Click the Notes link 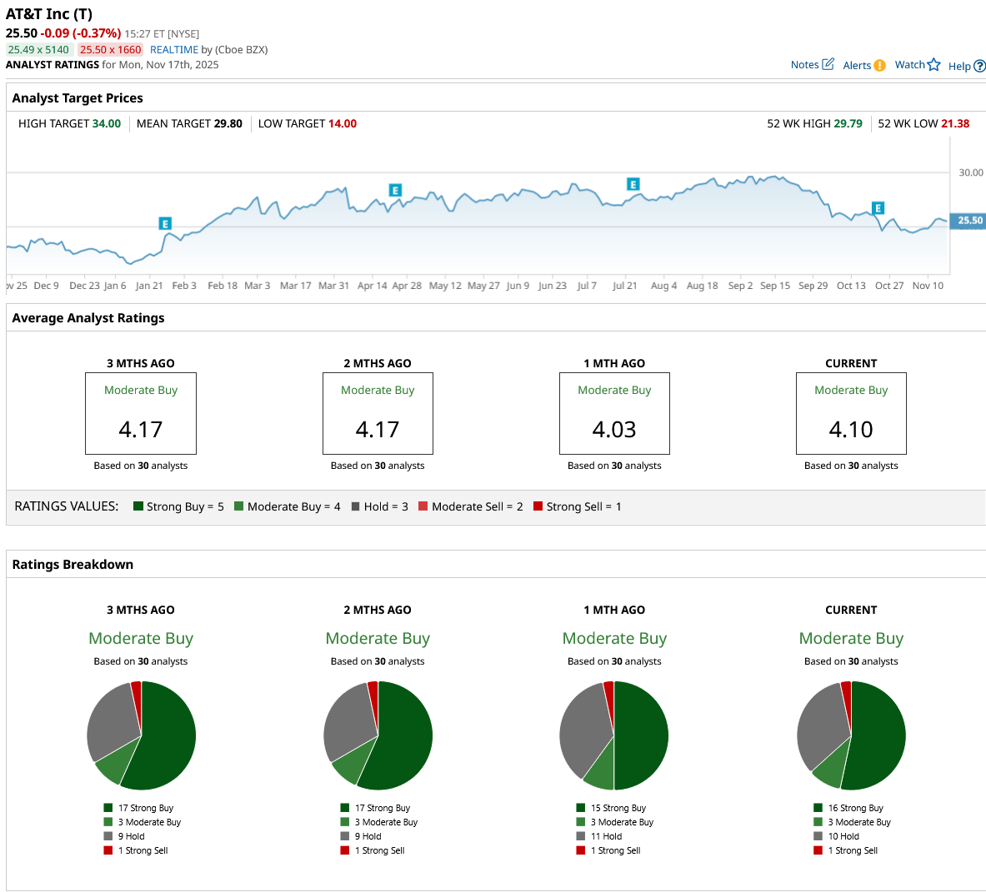coord(811,65)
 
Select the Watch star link coord(917,65)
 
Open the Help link coord(966,67)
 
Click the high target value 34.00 coord(106,124)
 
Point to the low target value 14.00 coord(342,124)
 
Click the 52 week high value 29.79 coord(848,124)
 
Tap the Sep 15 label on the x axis coord(775,286)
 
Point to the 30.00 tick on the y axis coord(970,173)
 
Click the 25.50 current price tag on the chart coord(969,221)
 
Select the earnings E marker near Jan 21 coord(165,223)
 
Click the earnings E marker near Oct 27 coord(878,208)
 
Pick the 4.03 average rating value coord(614,430)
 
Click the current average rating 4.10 coord(851,430)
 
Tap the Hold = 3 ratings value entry coord(380,506)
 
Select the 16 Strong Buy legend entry coord(854,808)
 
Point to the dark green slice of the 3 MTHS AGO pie coord(168,737)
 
